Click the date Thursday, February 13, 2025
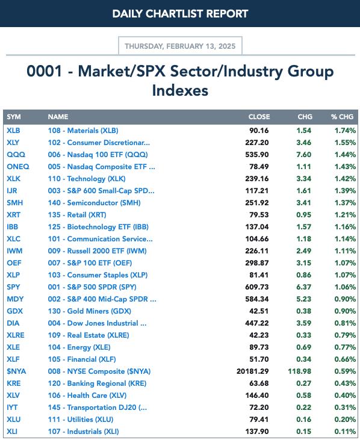pos(180,46)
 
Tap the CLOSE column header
pos(259,117)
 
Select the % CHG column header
pos(342,117)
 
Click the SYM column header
pos(14,117)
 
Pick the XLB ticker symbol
pos(13,131)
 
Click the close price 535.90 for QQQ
pos(256,155)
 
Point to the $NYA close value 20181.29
pos(252,371)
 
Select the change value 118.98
pos(299,371)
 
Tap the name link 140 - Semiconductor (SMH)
pos(95,203)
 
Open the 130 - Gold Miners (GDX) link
pos(90,311)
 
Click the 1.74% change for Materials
pos(345,131)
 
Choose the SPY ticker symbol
pos(13,287)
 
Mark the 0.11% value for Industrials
pos(345,432)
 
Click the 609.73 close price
pos(256,287)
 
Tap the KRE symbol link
pos(14,383)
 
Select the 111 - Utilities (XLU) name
pos(81,420)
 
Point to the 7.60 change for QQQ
pos(303,155)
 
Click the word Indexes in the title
pos(180,90)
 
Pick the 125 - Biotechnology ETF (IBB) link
pos(98,227)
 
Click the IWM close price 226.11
pos(256,251)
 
